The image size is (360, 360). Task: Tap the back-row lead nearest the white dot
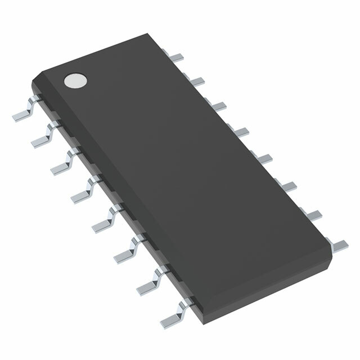point(178,56)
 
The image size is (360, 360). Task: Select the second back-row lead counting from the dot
point(197,81)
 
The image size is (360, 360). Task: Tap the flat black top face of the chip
point(186,169)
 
